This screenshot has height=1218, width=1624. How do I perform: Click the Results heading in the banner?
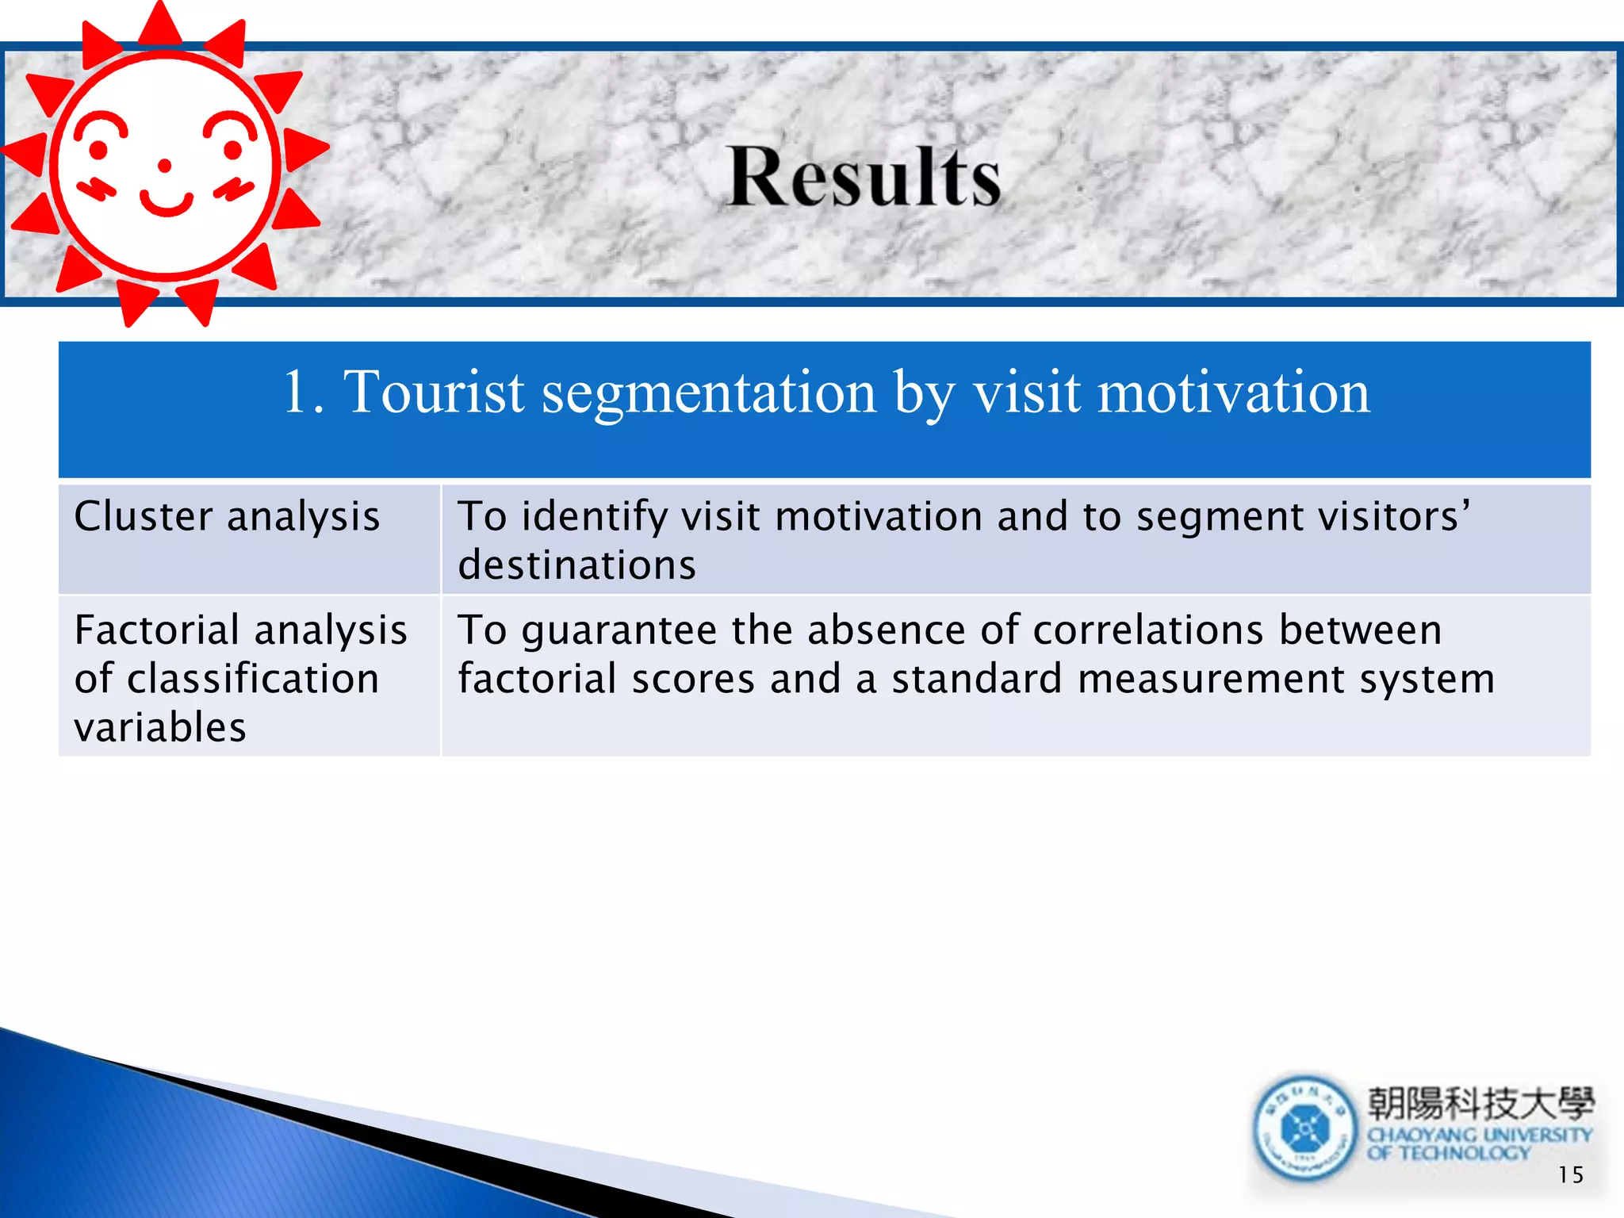(x=864, y=178)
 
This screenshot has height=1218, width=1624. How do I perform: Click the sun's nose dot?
(x=165, y=165)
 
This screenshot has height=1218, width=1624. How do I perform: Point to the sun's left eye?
(x=98, y=148)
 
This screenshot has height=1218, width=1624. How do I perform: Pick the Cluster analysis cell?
(x=227, y=516)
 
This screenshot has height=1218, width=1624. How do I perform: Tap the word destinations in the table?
(x=577, y=565)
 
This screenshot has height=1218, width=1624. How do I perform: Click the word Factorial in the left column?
(x=157, y=630)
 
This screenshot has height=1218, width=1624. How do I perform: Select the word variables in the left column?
(x=160, y=727)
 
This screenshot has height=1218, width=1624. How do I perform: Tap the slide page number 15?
(x=1570, y=1174)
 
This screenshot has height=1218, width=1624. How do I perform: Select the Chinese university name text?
(x=1480, y=1103)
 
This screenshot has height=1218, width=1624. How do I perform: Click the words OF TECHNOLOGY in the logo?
(x=1448, y=1153)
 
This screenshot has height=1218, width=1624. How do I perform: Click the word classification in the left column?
(x=253, y=679)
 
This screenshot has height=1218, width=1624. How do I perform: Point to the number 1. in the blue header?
(x=303, y=392)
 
